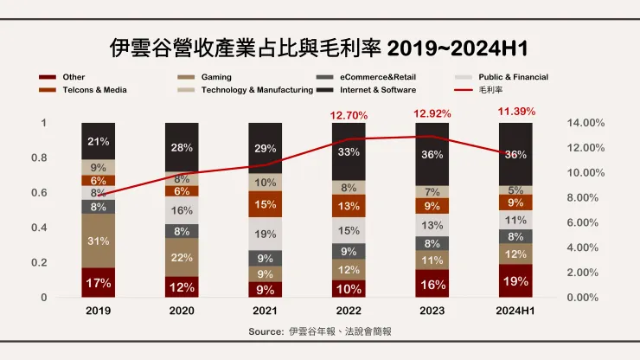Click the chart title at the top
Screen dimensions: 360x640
point(319,47)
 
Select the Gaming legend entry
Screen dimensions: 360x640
point(215,77)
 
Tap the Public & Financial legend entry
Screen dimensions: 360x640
point(513,77)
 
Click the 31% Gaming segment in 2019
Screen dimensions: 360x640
point(99,241)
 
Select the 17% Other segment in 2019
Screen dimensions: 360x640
point(99,282)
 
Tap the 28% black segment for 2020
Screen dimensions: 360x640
point(182,147)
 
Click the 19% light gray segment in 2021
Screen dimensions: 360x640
point(265,234)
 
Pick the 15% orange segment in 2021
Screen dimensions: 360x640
point(265,204)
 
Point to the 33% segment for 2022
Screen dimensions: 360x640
point(349,151)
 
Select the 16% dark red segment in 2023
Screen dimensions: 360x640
point(432,284)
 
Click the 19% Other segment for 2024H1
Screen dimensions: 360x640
point(515,281)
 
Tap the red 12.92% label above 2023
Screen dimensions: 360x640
point(432,113)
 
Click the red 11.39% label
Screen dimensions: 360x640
point(516,111)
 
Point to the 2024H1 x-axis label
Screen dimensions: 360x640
point(515,311)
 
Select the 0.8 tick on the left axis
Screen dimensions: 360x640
point(39,158)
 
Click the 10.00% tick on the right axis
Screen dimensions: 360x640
point(586,173)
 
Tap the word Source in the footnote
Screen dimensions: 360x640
point(266,331)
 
